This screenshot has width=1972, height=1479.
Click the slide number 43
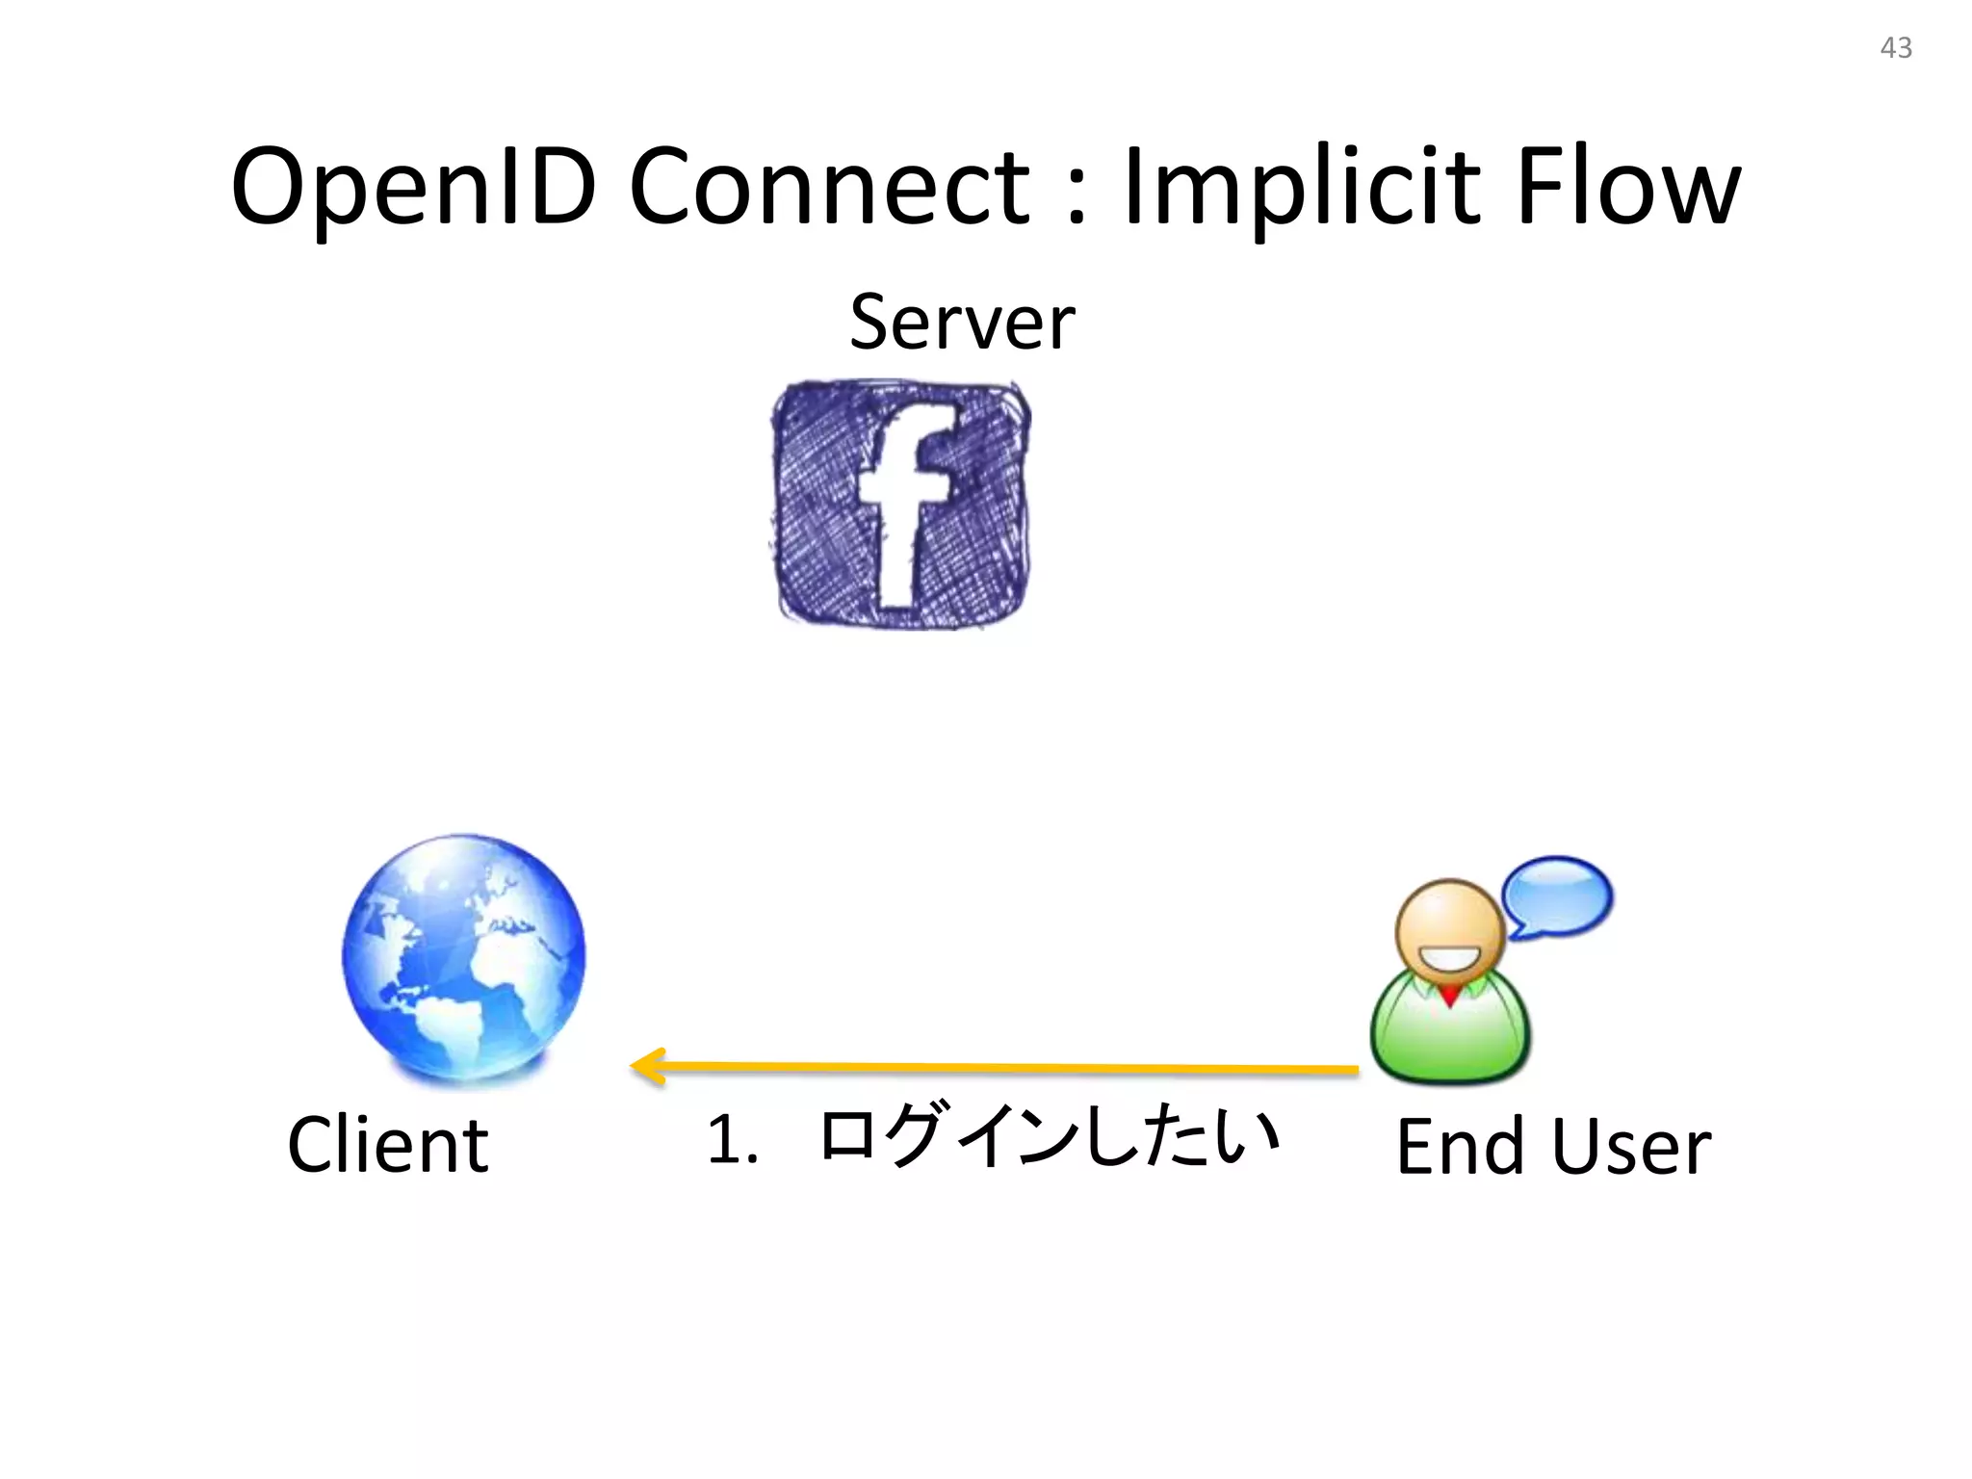(x=1895, y=48)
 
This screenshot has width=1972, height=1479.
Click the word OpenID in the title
(x=414, y=188)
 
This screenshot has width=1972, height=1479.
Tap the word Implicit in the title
(x=1301, y=188)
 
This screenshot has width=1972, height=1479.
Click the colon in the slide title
(x=1077, y=197)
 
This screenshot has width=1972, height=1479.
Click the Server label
(x=962, y=322)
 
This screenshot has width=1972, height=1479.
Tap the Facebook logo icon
(x=901, y=505)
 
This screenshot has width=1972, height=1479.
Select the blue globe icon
(x=464, y=957)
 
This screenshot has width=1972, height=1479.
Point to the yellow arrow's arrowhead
(x=647, y=1067)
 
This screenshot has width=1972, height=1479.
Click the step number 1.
(x=732, y=1140)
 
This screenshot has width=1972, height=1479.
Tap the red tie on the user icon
(x=1449, y=996)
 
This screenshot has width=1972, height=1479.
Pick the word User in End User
(x=1631, y=1147)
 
